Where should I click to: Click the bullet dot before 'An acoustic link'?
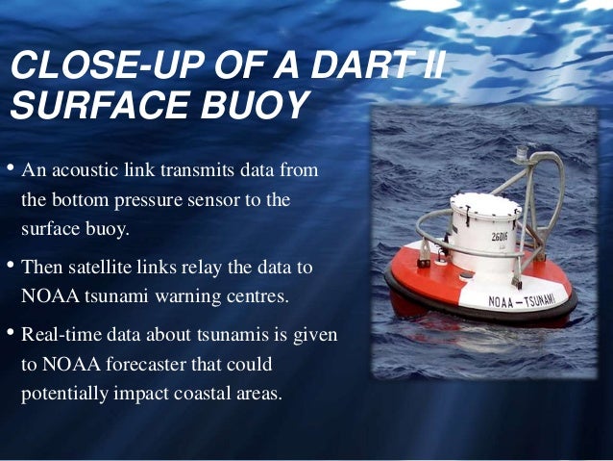(x=10, y=171)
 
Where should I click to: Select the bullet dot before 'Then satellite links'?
(x=10, y=264)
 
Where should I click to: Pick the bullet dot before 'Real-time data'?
(x=10, y=334)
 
